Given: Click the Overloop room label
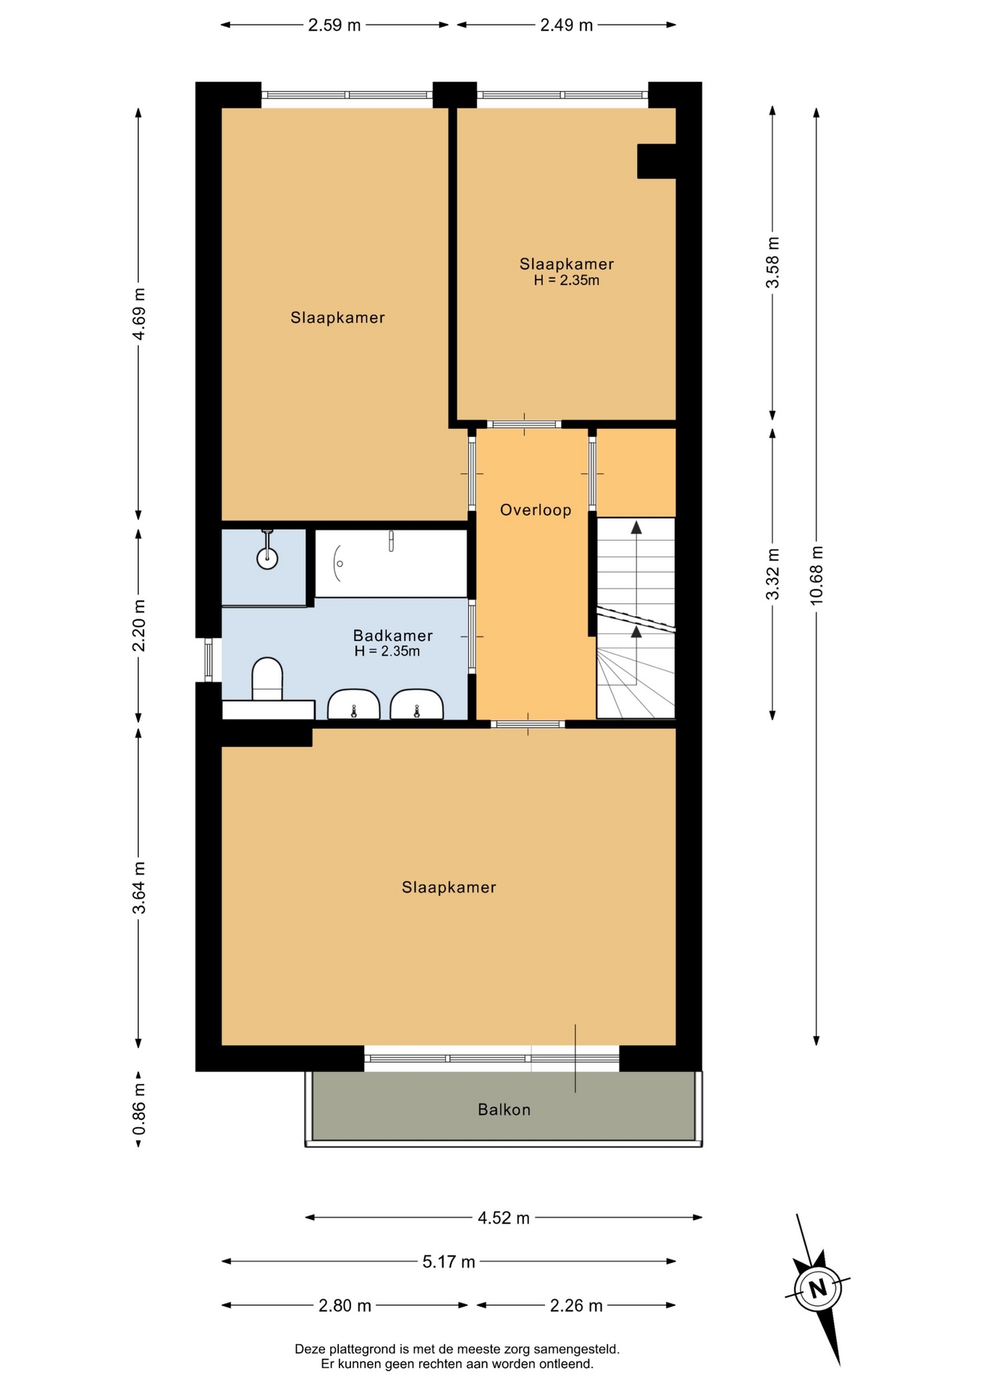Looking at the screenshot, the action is (536, 510).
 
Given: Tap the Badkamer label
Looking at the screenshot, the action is (393, 635).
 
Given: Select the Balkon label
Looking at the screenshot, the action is (505, 1109).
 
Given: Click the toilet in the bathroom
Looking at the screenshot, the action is (267, 679).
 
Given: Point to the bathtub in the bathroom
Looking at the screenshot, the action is (392, 564).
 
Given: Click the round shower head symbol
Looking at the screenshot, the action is (268, 558).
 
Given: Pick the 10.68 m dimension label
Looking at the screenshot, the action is (817, 575).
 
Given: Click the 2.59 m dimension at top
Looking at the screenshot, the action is (334, 25).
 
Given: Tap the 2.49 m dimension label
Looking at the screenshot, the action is (567, 25).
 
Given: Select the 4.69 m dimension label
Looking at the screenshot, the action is (139, 313).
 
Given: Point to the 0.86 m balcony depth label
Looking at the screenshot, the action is (139, 1109).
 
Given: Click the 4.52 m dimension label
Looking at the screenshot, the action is (504, 1218).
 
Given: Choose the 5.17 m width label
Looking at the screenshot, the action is (449, 1262).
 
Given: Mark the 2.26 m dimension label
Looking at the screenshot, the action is (576, 1306).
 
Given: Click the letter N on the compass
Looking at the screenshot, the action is (818, 1288).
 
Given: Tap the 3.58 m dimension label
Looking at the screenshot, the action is (773, 263).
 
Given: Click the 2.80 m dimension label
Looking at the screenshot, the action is (345, 1306).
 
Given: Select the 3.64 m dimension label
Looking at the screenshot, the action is (139, 888).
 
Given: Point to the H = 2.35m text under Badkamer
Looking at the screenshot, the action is (387, 651).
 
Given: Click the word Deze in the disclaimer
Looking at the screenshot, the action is (310, 1349).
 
